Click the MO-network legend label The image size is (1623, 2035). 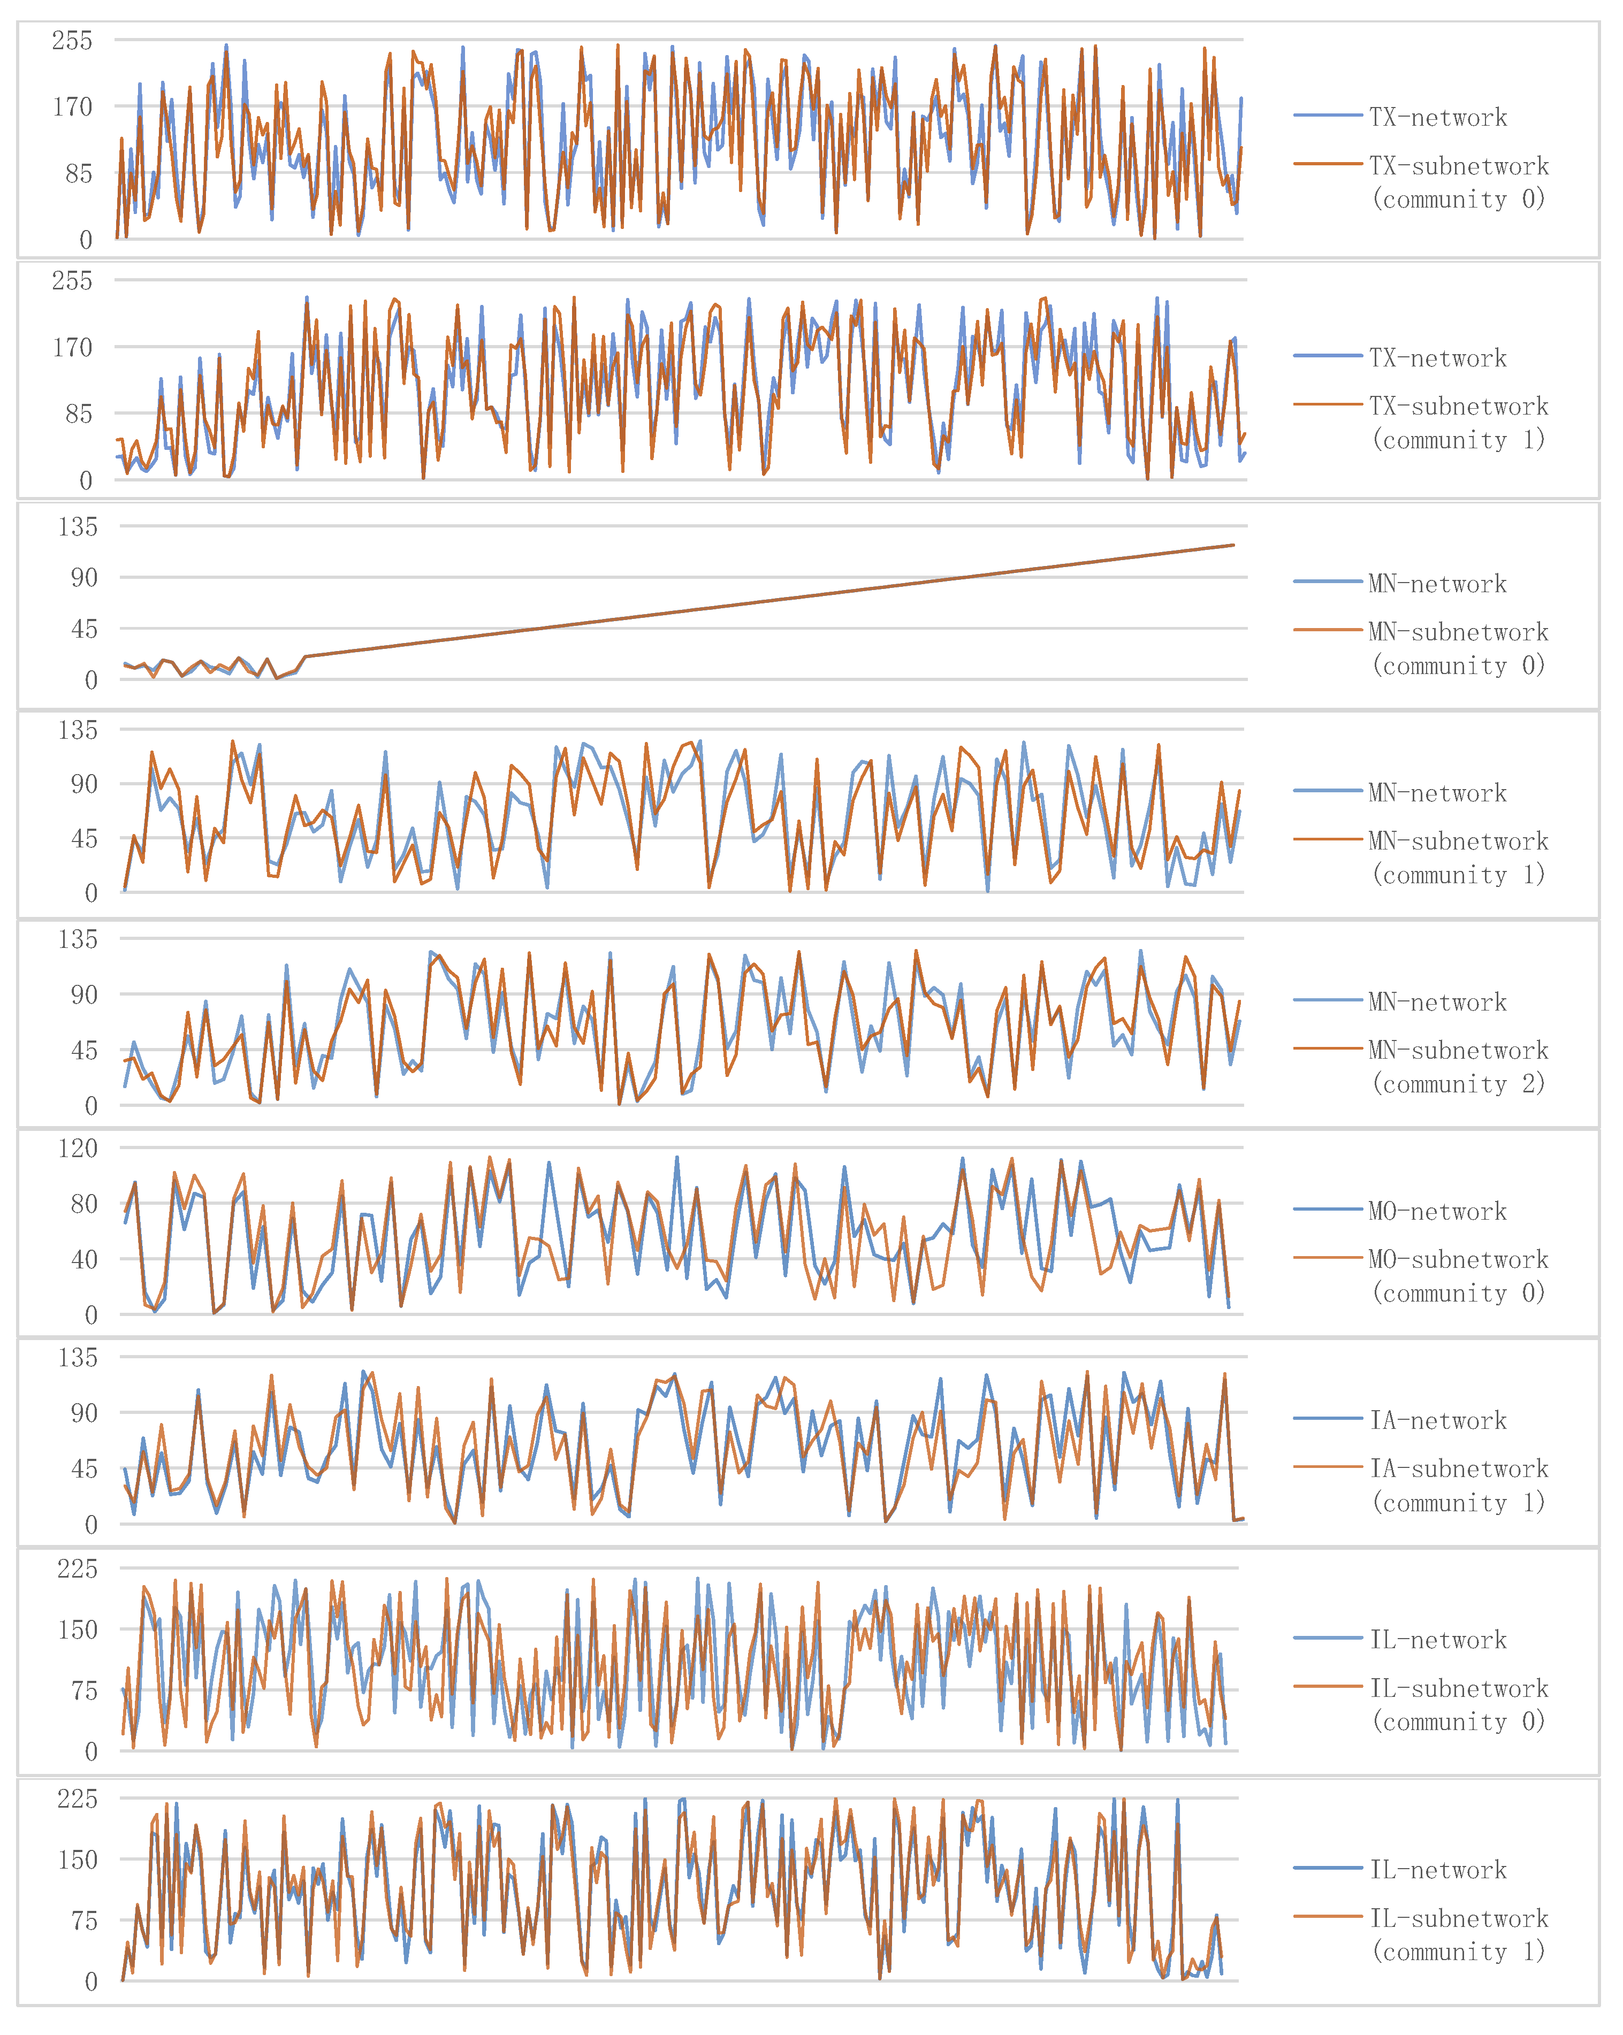point(1437,1211)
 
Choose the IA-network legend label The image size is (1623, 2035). point(1437,1420)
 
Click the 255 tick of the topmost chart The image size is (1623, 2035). point(72,41)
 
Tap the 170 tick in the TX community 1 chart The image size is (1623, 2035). point(72,347)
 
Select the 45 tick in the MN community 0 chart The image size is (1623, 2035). point(84,629)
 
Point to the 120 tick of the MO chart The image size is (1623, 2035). point(78,1149)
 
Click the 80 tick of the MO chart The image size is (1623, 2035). point(84,1204)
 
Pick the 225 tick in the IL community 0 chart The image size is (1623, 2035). point(78,1569)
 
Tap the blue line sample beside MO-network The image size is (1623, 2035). point(1328,1209)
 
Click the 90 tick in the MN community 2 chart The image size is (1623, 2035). point(84,994)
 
